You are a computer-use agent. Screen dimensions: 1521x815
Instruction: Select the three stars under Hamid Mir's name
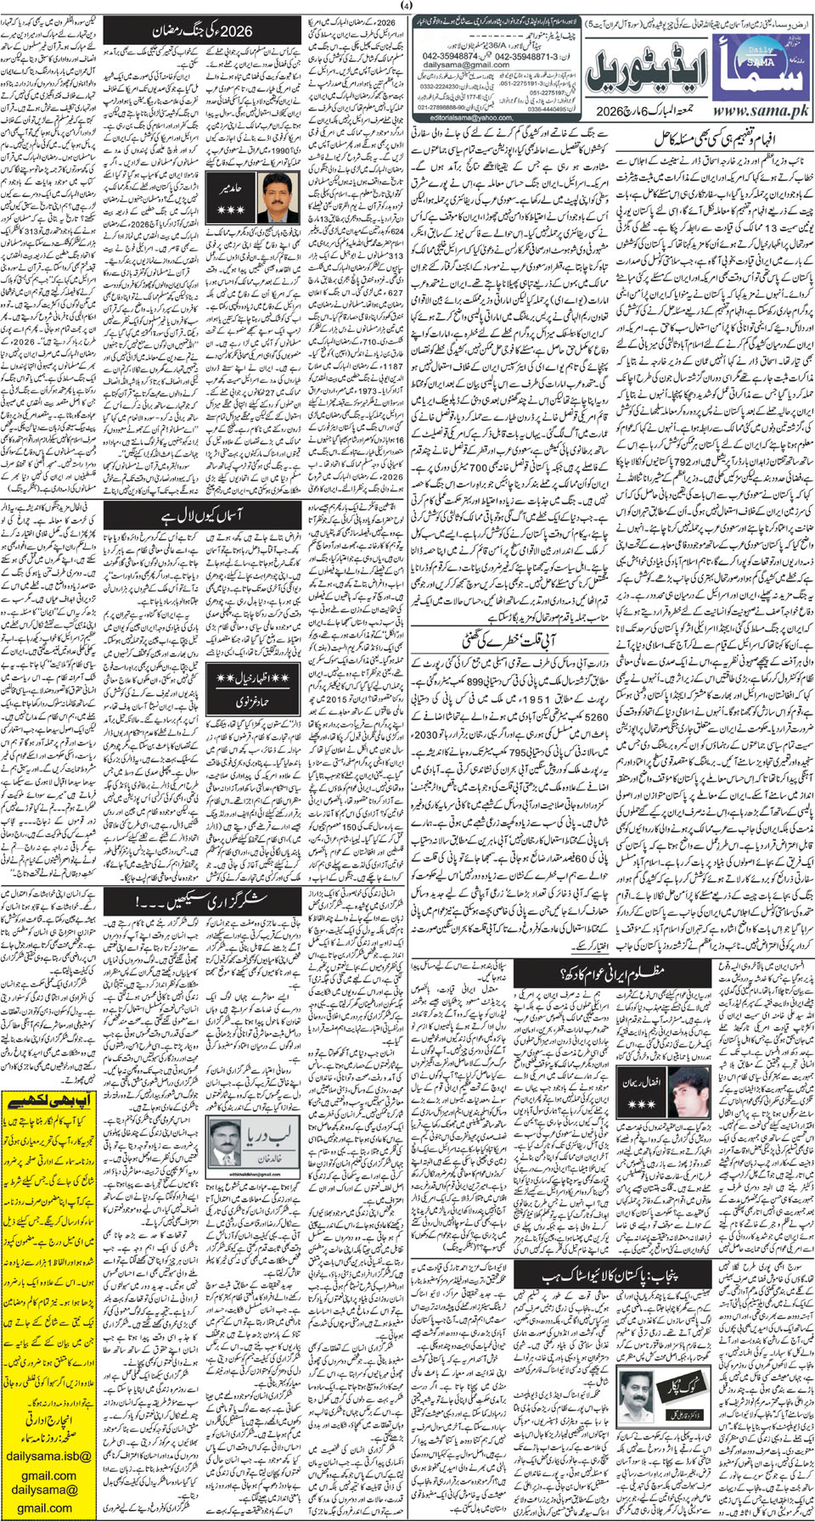(232, 209)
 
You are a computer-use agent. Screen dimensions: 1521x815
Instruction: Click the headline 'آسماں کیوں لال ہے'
(204, 515)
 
